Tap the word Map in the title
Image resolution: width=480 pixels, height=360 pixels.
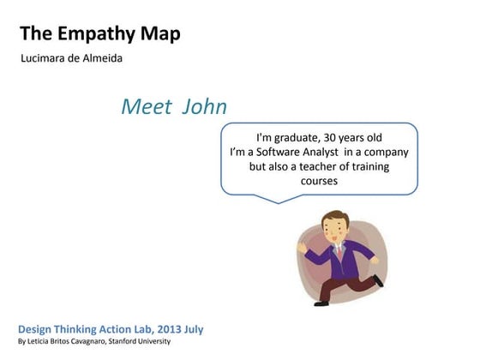coord(159,35)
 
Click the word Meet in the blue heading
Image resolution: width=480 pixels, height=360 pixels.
coord(142,108)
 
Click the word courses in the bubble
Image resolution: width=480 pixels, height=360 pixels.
coord(319,182)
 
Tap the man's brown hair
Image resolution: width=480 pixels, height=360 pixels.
coord(334,217)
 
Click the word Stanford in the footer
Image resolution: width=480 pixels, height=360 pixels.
coord(122,342)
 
